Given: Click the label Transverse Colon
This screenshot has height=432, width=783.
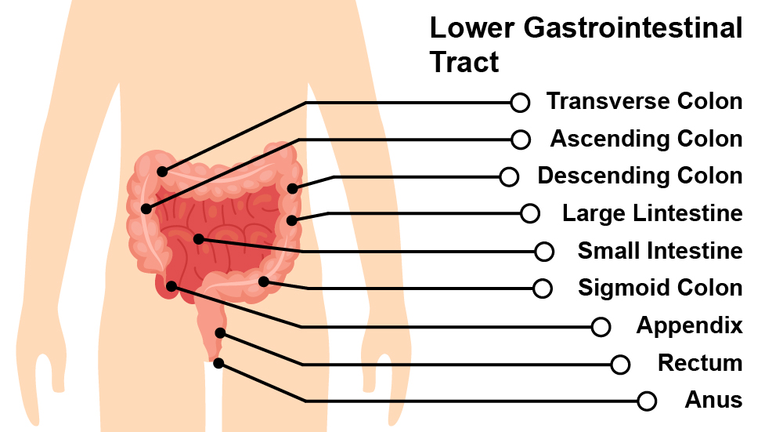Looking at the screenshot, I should click(x=644, y=101).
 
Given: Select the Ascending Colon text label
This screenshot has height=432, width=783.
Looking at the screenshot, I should click(x=646, y=139).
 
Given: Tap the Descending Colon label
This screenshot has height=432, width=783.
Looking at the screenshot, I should click(x=640, y=176).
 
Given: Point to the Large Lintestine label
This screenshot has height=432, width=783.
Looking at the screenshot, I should click(x=652, y=212).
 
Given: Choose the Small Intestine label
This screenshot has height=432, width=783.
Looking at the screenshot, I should click(x=660, y=251).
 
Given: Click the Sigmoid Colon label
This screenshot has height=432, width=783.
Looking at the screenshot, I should click(x=660, y=288).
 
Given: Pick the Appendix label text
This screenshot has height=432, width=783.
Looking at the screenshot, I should click(x=689, y=325).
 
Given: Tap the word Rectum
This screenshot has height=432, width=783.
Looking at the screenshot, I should click(x=700, y=363).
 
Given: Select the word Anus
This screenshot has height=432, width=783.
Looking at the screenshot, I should click(x=713, y=400).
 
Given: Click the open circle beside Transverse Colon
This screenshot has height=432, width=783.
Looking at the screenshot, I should click(x=519, y=102).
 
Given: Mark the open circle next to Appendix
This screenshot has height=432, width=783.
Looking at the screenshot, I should click(x=601, y=327).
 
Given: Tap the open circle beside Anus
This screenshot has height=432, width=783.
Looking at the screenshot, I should click(x=647, y=401).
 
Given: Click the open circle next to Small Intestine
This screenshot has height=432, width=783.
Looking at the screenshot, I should click(x=544, y=252).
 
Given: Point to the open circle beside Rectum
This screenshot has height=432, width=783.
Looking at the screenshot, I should click(x=620, y=365).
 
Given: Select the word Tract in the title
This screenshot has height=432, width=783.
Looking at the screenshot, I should click(x=464, y=62).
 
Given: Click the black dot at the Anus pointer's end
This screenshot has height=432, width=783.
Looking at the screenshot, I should click(x=218, y=363).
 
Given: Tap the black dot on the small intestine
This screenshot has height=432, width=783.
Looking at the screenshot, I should click(x=199, y=238).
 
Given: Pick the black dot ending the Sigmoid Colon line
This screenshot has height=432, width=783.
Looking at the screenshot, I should click(x=264, y=281).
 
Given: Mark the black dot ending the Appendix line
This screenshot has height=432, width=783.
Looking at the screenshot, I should click(x=171, y=286).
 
